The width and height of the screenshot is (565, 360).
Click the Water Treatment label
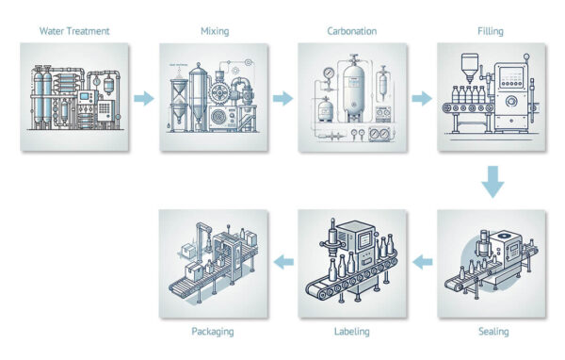coord(74,31)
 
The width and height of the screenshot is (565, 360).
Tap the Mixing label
coord(214,31)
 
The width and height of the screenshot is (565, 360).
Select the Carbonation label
coord(352,31)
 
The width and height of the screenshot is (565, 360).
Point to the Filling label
coord(491,31)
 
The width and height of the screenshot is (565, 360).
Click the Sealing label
coord(492,331)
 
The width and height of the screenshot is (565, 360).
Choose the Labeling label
coord(352,331)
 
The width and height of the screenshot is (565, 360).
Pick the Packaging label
coord(213,331)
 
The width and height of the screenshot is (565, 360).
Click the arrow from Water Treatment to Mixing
coord(143,97)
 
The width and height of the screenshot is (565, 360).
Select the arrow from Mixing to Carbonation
coord(282,97)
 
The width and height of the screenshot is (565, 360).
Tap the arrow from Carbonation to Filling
coord(421,97)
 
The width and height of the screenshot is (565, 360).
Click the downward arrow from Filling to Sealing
coord(492,180)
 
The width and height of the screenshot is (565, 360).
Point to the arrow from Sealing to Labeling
coord(422,261)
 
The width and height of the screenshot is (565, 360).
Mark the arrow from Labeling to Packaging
coord(283,261)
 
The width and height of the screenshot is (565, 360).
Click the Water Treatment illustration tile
coord(73,97)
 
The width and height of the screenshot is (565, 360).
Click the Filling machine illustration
coord(492,97)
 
